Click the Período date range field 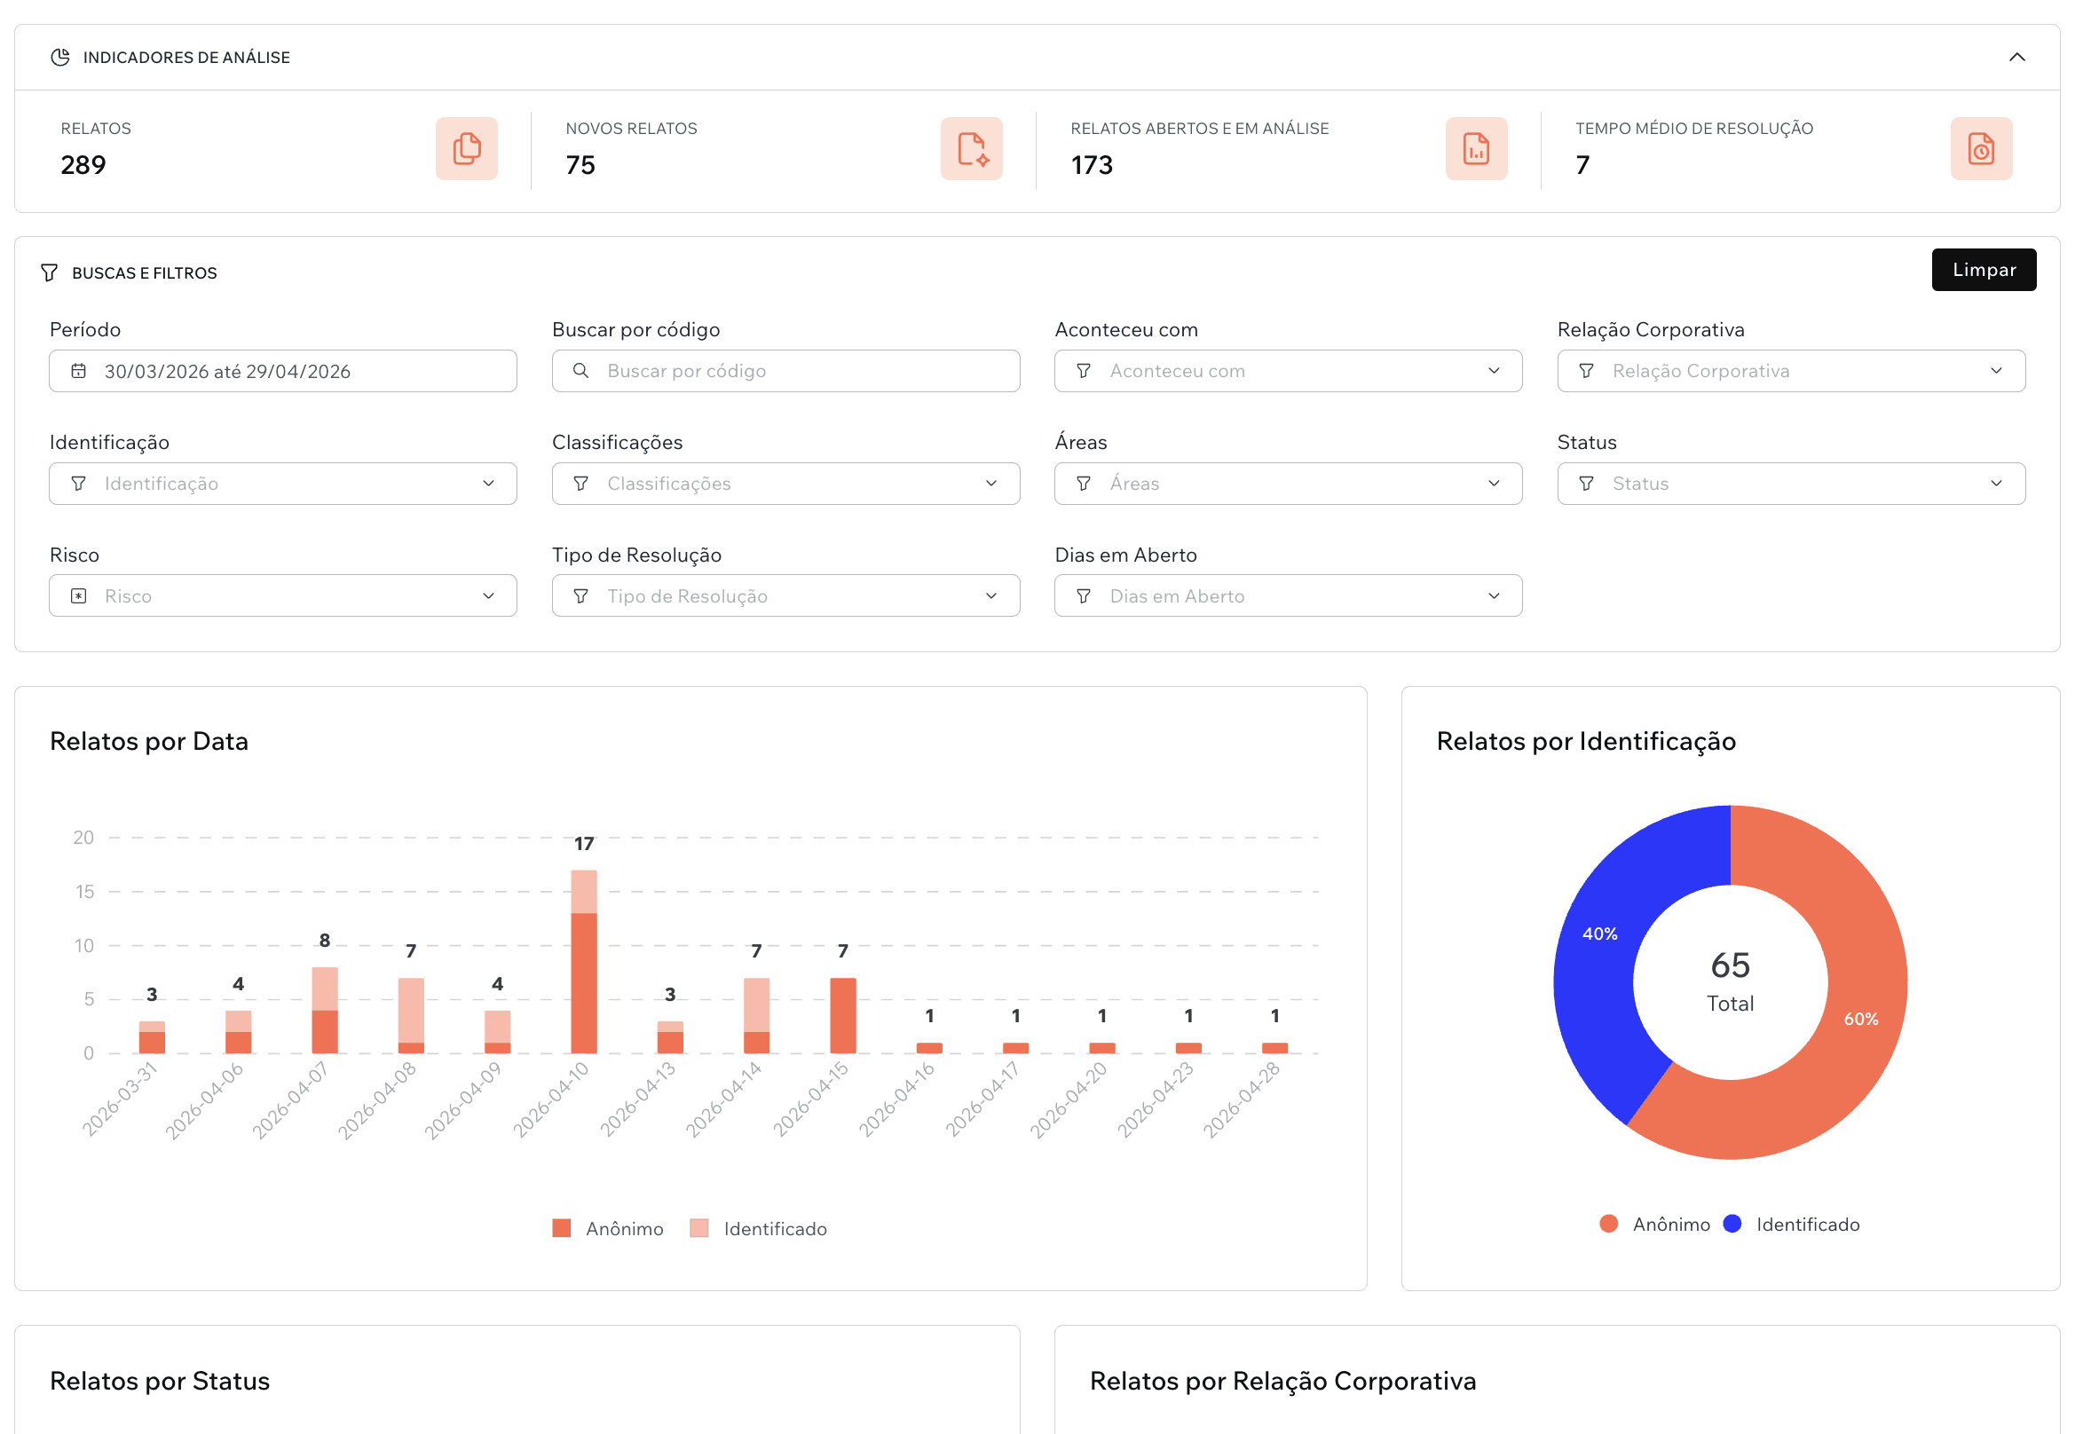pos(282,371)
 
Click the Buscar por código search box pos(785,371)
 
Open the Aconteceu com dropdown pos(1288,371)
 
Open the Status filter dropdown pos(1789,483)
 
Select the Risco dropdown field pos(282,595)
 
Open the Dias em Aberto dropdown pos(1288,595)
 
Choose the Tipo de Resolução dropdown pos(785,595)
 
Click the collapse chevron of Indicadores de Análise pos(2016,58)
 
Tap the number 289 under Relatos pos(83,165)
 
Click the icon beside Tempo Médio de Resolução pos(1980,148)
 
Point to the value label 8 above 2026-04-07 pos(325,940)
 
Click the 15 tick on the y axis pos(84,892)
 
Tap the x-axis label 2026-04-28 pos(1243,1099)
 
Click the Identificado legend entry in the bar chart pos(759,1228)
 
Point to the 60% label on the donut pos(1859,1019)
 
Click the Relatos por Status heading pos(160,1380)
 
